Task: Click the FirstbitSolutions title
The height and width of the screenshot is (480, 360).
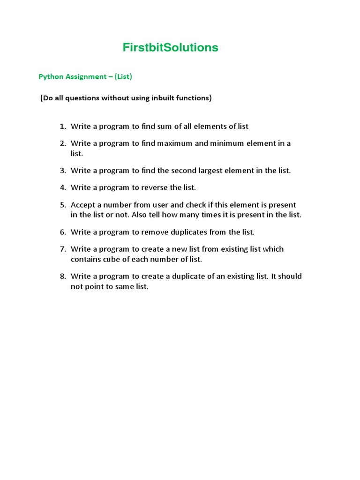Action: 170,47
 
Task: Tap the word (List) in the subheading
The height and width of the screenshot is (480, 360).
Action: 124,76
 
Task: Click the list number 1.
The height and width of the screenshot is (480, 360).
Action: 62,127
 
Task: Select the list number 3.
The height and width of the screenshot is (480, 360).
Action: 62,171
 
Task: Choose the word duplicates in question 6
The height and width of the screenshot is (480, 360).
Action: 194,232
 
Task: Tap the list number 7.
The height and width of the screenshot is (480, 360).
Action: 62,249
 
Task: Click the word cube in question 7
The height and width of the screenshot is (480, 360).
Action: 110,259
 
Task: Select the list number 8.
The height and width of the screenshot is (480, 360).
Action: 62,276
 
